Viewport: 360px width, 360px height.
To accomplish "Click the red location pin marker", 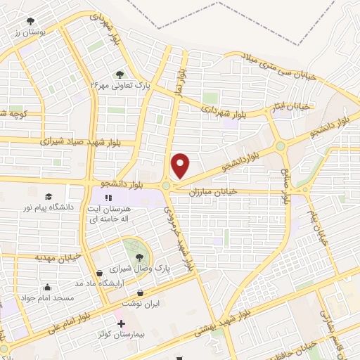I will tap(181, 165).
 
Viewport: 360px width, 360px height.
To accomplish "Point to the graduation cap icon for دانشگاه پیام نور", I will tap(49, 197).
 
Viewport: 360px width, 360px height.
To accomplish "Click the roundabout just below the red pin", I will tap(166, 186).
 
